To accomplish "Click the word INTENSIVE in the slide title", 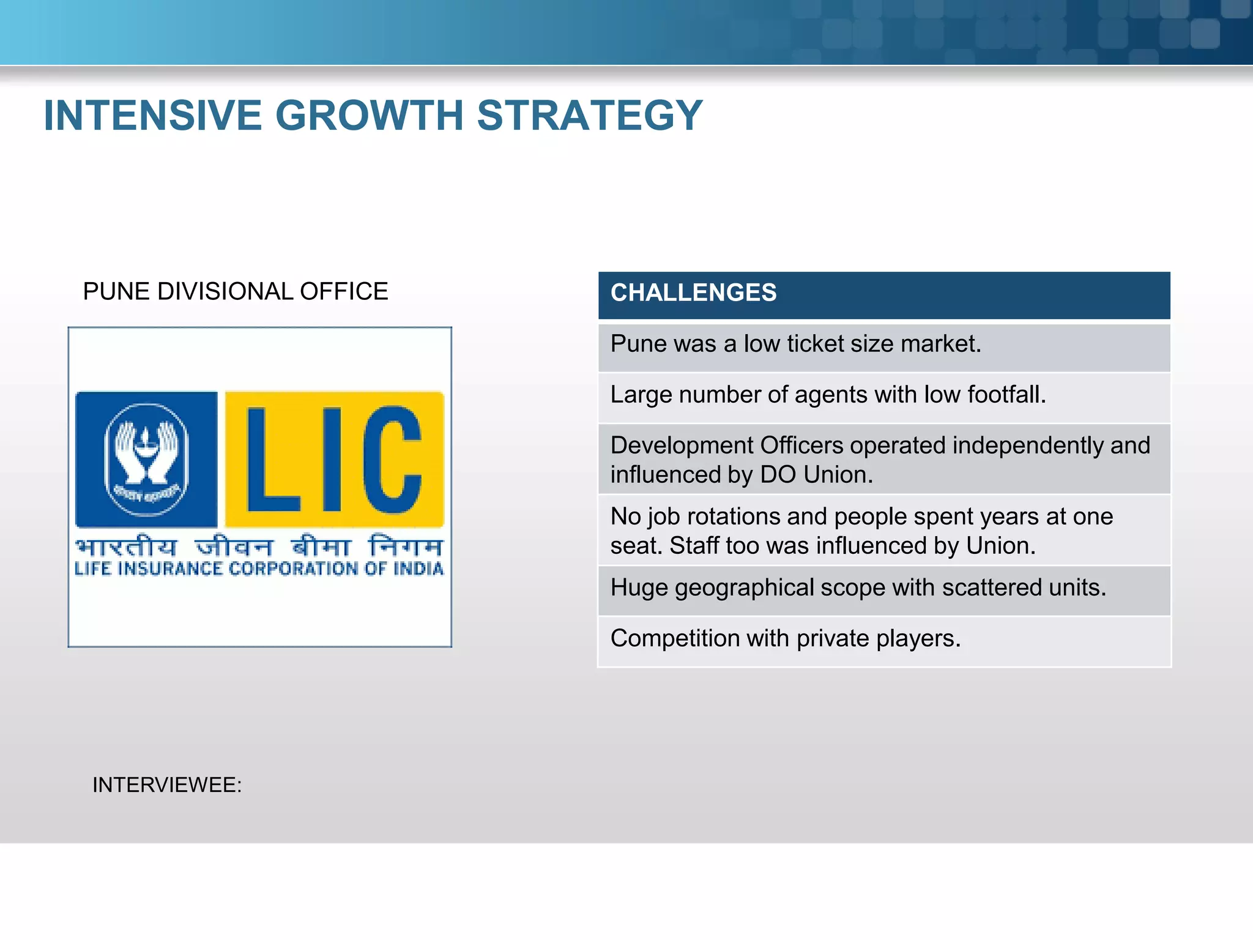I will point(153,115).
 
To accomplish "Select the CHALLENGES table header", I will point(693,293).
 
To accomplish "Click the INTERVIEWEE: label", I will point(167,785).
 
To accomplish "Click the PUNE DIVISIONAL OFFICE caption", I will point(235,291).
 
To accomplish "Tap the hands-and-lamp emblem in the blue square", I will point(146,459).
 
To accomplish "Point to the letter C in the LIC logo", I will point(392,459).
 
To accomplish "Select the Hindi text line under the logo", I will point(259,546).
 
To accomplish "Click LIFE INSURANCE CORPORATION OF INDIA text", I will point(259,569).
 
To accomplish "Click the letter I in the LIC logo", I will point(331,459).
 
